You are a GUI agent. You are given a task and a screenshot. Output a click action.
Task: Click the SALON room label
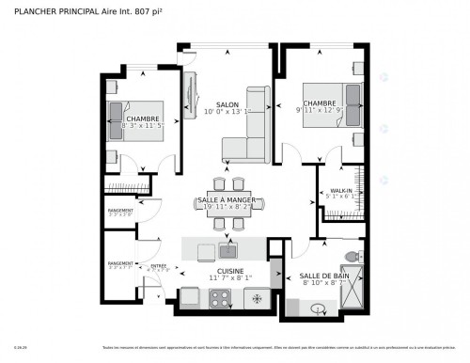227,104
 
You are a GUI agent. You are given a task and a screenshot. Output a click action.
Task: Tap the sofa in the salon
243,148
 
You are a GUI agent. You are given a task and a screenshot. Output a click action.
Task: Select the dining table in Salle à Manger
227,204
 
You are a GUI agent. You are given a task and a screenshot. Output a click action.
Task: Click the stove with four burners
221,298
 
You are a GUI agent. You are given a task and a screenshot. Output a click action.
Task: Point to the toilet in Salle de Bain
352,257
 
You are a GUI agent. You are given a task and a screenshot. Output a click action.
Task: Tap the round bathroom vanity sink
318,308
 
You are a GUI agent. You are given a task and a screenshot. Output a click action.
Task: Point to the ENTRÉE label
158,265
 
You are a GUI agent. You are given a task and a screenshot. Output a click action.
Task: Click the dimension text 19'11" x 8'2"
227,207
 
